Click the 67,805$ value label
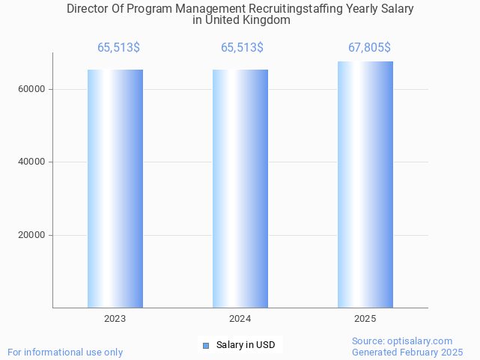[x=369, y=48]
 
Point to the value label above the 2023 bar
[x=118, y=48]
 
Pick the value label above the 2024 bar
[x=242, y=48]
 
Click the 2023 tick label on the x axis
[x=115, y=319]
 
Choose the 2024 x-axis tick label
[x=240, y=319]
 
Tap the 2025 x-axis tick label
[x=365, y=319]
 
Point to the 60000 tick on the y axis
[x=32, y=89]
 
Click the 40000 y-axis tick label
[x=32, y=162]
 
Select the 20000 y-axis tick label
[x=32, y=235]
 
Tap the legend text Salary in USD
[x=246, y=345]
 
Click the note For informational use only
[x=65, y=352]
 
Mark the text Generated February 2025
[x=407, y=352]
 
